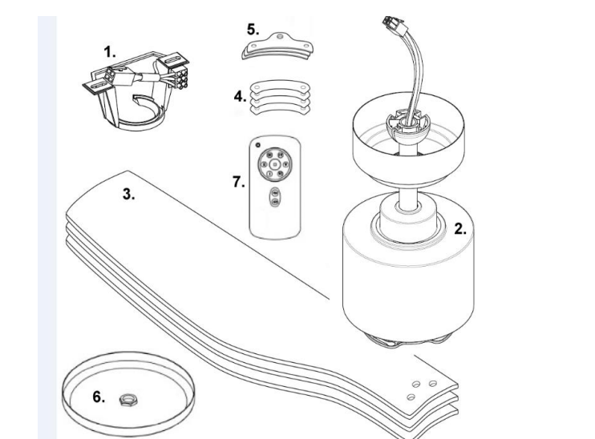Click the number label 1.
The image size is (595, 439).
tap(110, 52)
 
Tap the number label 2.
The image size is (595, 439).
tap(460, 229)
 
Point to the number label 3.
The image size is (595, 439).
tap(128, 194)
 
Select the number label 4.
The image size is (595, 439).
tap(241, 97)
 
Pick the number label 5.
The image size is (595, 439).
tap(253, 30)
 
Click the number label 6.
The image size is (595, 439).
tap(99, 397)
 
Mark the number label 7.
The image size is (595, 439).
tap(239, 182)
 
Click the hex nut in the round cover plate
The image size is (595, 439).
tap(125, 399)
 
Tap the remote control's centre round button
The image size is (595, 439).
tap(274, 164)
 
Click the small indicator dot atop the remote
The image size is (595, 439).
tap(257, 145)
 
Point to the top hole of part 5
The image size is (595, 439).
tap(280, 37)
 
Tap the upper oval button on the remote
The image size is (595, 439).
tap(274, 193)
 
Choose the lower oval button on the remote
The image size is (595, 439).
tap(274, 202)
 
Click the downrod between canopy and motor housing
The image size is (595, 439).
tap(408, 196)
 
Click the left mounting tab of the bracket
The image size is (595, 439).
tap(98, 85)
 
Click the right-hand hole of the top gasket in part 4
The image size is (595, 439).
tap(303, 87)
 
